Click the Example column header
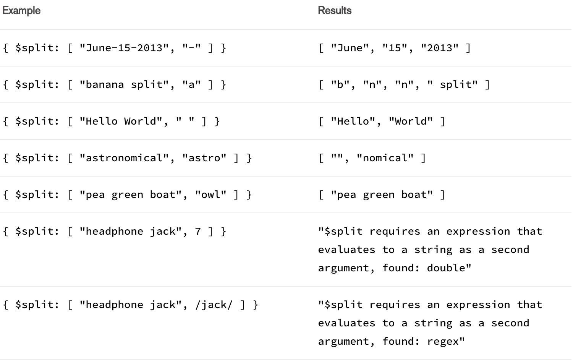(x=21, y=11)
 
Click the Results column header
(x=335, y=11)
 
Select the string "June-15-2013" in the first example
(x=124, y=48)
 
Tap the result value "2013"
(x=439, y=48)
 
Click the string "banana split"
(x=124, y=84)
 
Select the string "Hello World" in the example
(x=121, y=121)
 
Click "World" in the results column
(x=411, y=121)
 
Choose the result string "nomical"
(x=385, y=158)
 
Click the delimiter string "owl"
(x=211, y=195)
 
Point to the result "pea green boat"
(x=382, y=195)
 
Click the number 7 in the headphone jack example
(x=198, y=231)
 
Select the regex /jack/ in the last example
(x=214, y=305)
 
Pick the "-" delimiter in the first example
(x=191, y=48)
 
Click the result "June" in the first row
(x=350, y=48)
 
